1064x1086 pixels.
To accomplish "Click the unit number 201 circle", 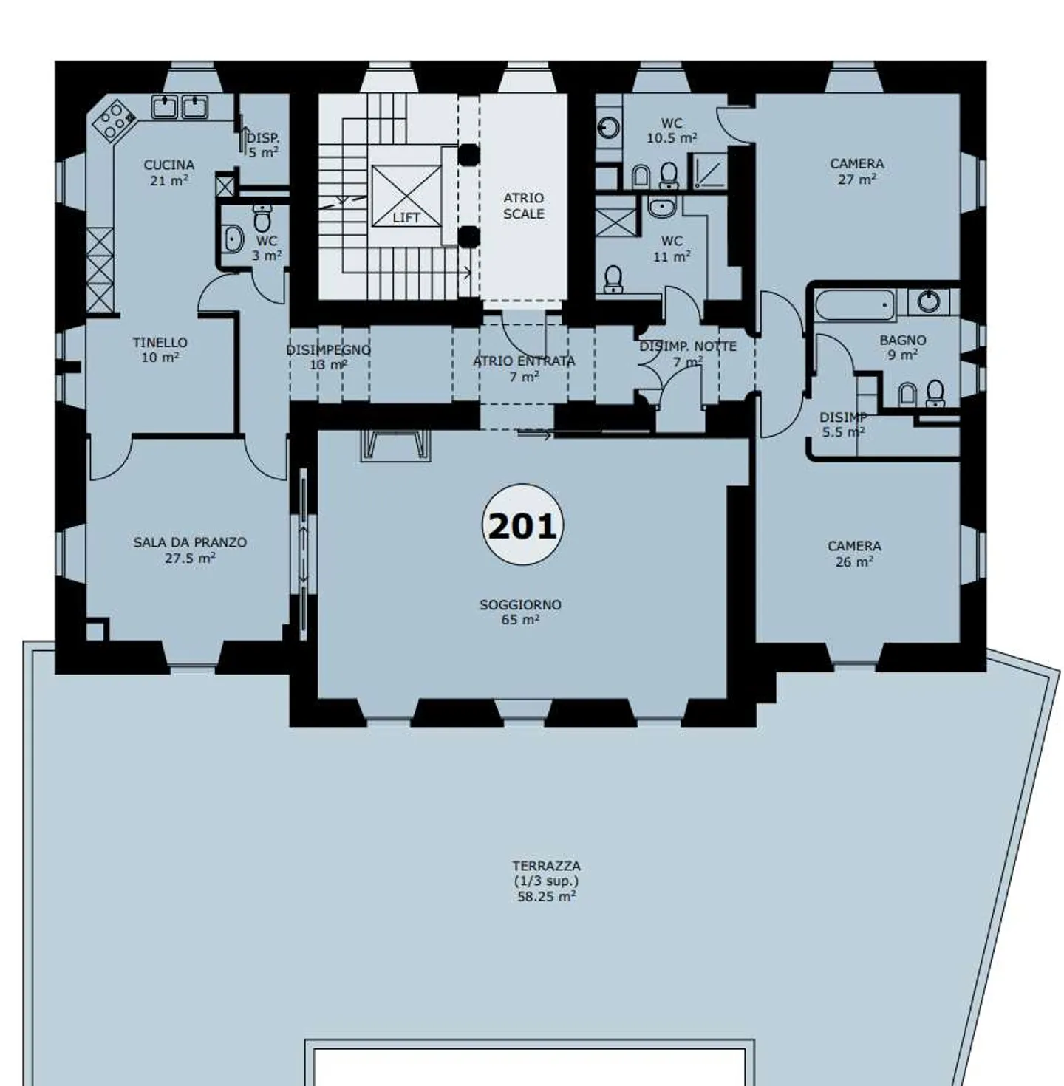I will pos(522,525).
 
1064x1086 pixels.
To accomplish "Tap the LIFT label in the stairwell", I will pos(406,217).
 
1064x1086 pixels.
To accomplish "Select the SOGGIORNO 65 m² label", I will pos(520,612).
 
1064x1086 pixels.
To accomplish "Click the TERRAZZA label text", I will pos(546,880).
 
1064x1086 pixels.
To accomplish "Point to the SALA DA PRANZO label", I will pos(190,550).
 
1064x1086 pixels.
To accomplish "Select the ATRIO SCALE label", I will pos(523,205).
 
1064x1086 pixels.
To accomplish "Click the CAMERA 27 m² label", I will pos(856,171).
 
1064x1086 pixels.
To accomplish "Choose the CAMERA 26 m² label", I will pos(854,553).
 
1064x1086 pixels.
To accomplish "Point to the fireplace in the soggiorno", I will pos(395,445).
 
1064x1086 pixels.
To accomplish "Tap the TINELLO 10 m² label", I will pos(160,349).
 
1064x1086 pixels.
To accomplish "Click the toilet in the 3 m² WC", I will pos(262,219).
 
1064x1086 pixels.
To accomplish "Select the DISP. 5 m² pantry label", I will pos(263,145).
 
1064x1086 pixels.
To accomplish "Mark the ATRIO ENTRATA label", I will pos(523,368).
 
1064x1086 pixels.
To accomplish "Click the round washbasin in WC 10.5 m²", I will pos(608,128).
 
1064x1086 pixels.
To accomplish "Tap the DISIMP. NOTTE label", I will pos(687,353).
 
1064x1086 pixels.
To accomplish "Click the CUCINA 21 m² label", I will pos(169,172).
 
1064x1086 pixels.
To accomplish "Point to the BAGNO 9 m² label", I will pos(902,346).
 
